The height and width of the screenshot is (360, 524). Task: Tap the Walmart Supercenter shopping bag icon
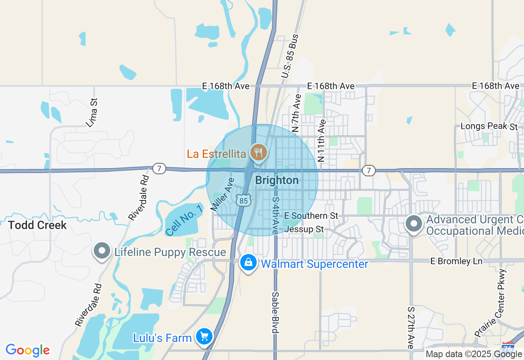pyautogui.click(x=248, y=263)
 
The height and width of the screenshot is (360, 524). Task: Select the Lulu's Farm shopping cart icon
pyautogui.click(x=204, y=337)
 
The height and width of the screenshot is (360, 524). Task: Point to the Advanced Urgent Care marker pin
pyautogui.click(x=414, y=224)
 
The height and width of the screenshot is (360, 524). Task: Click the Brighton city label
pyautogui.click(x=277, y=180)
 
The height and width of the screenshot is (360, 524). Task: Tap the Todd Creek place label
pyautogui.click(x=37, y=225)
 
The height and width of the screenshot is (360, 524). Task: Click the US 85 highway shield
pyautogui.click(x=244, y=200)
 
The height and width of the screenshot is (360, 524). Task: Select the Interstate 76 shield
pyautogui.click(x=508, y=347)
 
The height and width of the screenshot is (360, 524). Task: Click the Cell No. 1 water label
pyautogui.click(x=185, y=220)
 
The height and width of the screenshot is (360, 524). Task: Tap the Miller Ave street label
pyautogui.click(x=222, y=194)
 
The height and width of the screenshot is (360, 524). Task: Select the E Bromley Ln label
pyautogui.click(x=456, y=261)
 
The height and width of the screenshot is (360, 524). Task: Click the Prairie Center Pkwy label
pyautogui.click(x=491, y=303)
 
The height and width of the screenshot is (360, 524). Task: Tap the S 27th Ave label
pyautogui.click(x=411, y=328)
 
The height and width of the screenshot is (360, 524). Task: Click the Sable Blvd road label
pyautogui.click(x=276, y=313)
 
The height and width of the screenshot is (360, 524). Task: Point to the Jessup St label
pyautogui.click(x=303, y=229)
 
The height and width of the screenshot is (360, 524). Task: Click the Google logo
pyautogui.click(x=27, y=351)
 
